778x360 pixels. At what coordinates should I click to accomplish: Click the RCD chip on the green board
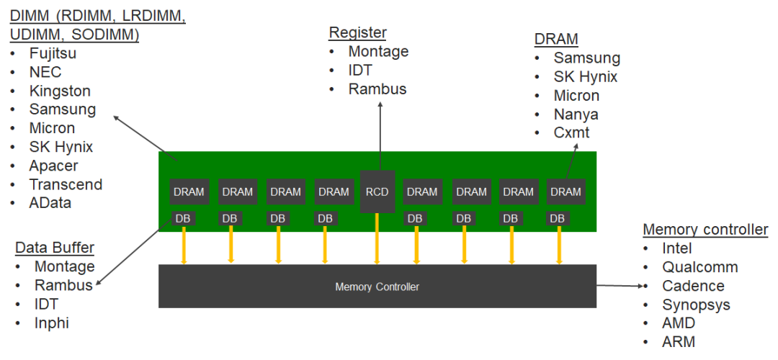pyautogui.click(x=377, y=192)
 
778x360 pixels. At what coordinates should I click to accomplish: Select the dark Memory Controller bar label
pyautogui.click(x=377, y=287)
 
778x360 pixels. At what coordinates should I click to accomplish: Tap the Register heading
pyautogui.click(x=357, y=32)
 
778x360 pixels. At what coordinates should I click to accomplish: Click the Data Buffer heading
pyautogui.click(x=55, y=248)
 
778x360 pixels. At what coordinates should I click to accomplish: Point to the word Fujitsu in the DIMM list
pyautogui.click(x=53, y=53)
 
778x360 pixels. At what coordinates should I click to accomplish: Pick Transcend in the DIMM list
pyautogui.click(x=66, y=184)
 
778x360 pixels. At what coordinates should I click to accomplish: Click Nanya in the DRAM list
pyautogui.click(x=576, y=114)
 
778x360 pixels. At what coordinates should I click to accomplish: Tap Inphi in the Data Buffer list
pyautogui.click(x=52, y=323)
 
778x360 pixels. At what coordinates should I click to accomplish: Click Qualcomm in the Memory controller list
pyautogui.click(x=700, y=267)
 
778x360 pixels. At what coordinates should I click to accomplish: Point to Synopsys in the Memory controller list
pyautogui.click(x=696, y=305)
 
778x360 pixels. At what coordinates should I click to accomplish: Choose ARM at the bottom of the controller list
pyautogui.click(x=679, y=342)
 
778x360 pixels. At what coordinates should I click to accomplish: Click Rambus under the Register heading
pyautogui.click(x=377, y=89)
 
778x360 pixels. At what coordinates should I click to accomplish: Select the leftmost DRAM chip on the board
pyautogui.click(x=189, y=192)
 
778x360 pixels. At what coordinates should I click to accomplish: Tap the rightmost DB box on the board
pyautogui.click(x=558, y=218)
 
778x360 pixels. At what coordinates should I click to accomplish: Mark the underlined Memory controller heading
pyautogui.click(x=705, y=230)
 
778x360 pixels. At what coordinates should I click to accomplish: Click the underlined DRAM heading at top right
pyautogui.click(x=556, y=39)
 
